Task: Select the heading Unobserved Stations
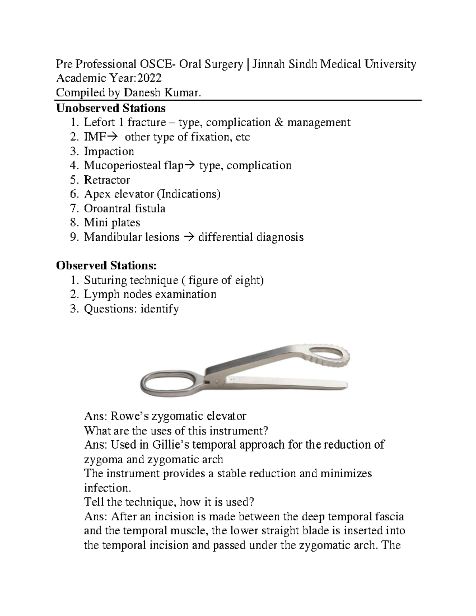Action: [x=111, y=108]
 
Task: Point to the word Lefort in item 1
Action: [x=98, y=122]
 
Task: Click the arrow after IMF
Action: [x=111, y=137]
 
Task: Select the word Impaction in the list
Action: [x=109, y=152]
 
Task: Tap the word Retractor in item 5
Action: [x=107, y=180]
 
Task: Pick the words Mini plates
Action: [x=112, y=223]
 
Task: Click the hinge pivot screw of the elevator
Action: [x=217, y=381]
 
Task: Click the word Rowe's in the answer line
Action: [x=127, y=416]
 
